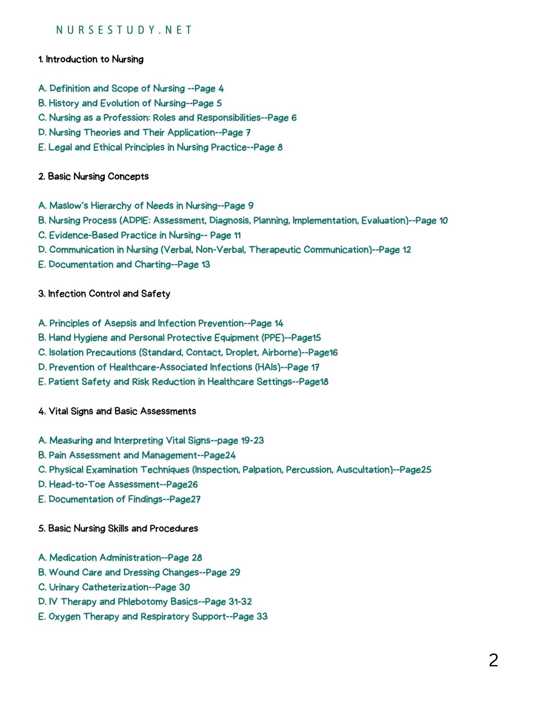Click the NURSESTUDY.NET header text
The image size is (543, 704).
(124, 30)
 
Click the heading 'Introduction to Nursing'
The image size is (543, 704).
(94, 59)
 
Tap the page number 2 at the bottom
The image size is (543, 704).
(493, 660)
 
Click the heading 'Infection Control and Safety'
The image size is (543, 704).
(109, 293)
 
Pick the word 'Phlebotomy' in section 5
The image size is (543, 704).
(142, 601)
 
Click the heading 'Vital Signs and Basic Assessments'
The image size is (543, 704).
(122, 411)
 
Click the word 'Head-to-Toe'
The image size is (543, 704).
(77, 484)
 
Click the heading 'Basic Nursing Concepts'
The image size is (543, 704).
(98, 176)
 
